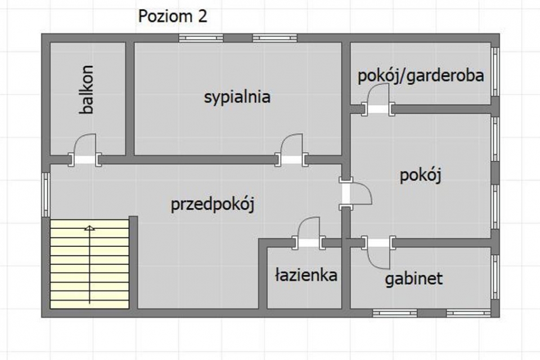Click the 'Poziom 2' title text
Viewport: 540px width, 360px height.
click(x=173, y=16)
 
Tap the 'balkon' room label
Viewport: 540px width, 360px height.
click(x=87, y=89)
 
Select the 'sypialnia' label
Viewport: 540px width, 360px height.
click(x=237, y=97)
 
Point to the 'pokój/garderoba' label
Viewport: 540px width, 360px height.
click(x=421, y=76)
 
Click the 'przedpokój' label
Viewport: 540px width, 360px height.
click(x=213, y=205)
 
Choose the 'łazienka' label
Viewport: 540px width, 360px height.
click(x=306, y=275)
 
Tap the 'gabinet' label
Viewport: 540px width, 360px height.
click(x=413, y=278)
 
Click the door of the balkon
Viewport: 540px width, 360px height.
click(x=85, y=150)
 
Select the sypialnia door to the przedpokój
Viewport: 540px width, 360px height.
click(x=291, y=150)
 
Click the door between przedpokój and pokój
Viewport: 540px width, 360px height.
click(x=355, y=193)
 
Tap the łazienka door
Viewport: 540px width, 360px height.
click(x=309, y=233)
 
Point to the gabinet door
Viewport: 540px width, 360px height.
click(x=378, y=253)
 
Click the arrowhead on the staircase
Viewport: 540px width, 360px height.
click(x=89, y=227)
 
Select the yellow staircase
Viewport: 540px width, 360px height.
click(x=89, y=264)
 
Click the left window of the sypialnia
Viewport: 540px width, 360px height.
click(x=201, y=38)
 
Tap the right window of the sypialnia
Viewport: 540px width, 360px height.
click(x=275, y=38)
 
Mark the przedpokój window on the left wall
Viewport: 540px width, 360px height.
click(x=46, y=195)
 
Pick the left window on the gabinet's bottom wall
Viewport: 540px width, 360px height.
click(x=395, y=313)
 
